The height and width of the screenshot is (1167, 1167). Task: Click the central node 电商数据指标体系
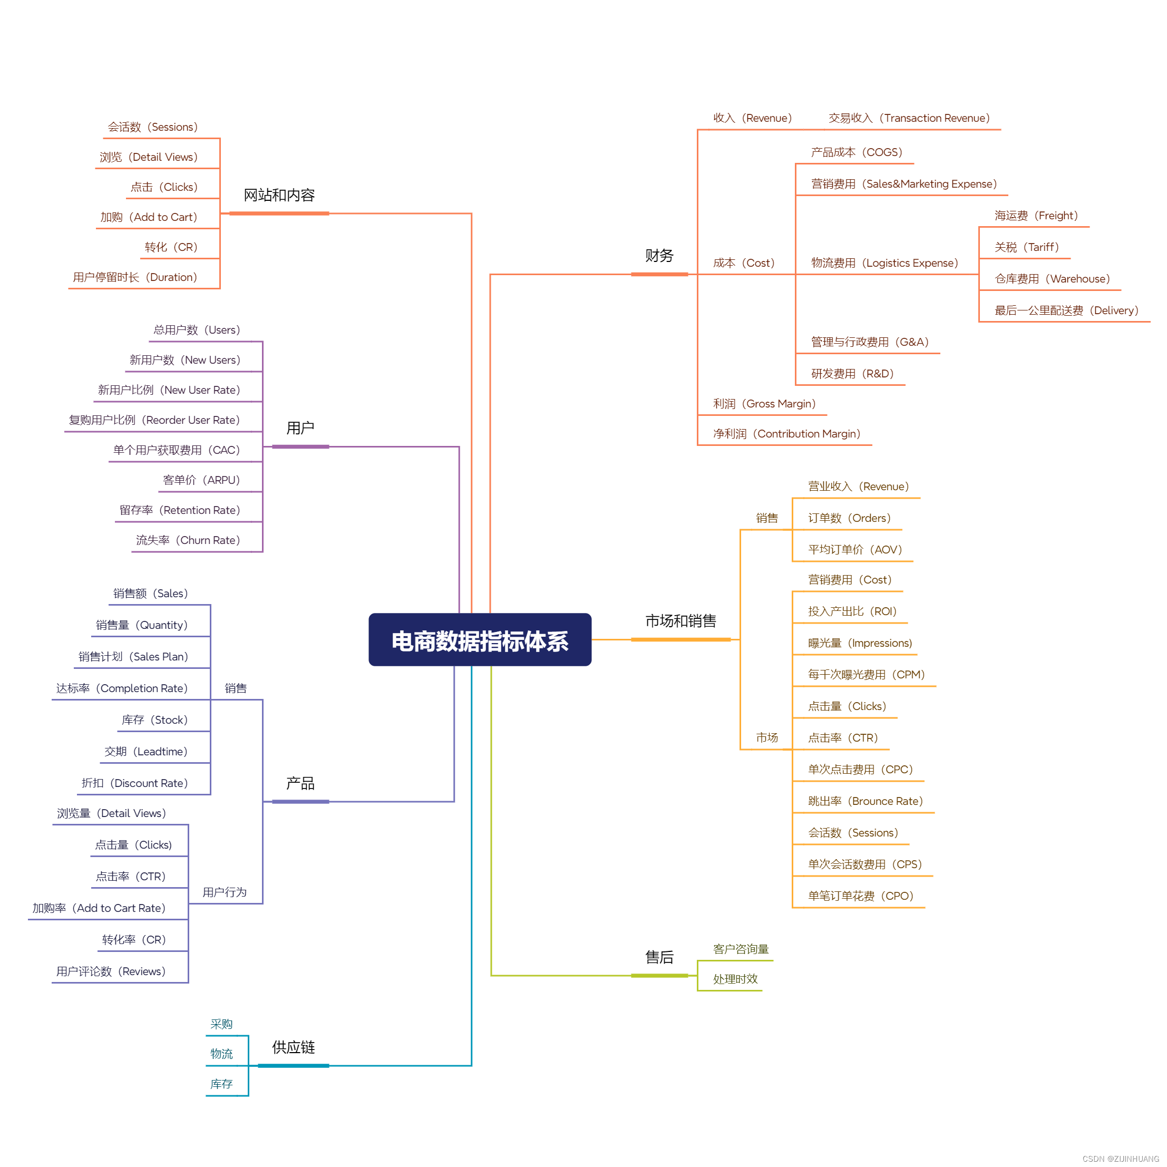pyautogui.click(x=480, y=640)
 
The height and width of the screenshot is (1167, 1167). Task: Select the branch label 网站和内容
pyautogui.click(x=279, y=195)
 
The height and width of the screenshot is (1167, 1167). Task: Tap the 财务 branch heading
pyautogui.click(x=659, y=256)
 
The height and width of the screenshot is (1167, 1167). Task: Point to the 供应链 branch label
pyautogui.click(x=294, y=1047)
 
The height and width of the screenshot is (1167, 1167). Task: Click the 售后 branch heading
pyautogui.click(x=659, y=957)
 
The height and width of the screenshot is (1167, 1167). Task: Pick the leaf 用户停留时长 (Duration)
pyautogui.click(x=135, y=277)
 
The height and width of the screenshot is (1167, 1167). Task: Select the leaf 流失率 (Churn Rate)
pyautogui.click(x=188, y=540)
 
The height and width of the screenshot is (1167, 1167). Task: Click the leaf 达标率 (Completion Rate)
pyautogui.click(x=122, y=688)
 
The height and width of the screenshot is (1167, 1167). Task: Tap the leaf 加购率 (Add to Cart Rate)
pyautogui.click(x=99, y=908)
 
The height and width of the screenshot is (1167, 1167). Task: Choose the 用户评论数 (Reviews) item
pyautogui.click(x=111, y=971)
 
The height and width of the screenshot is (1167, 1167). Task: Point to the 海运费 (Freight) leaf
pyautogui.click(x=1036, y=216)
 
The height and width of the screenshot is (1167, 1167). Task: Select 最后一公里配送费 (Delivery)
pyautogui.click(x=1066, y=310)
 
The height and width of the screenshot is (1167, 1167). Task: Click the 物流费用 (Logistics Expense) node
pyautogui.click(x=884, y=262)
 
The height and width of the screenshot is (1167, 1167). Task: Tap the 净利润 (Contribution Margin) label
pyautogui.click(x=786, y=434)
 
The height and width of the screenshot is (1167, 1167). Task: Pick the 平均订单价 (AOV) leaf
pyautogui.click(x=855, y=550)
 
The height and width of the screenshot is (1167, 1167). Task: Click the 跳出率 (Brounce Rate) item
pyautogui.click(x=865, y=801)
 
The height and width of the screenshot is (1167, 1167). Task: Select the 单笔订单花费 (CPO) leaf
pyautogui.click(x=860, y=896)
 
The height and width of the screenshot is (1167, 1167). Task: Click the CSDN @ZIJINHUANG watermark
pyautogui.click(x=1121, y=1159)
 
